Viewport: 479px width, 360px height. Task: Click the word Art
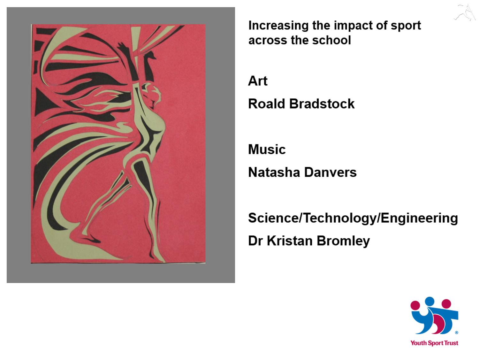pos(257,81)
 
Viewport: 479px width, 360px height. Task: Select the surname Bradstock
pos(322,104)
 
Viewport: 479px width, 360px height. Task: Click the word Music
pos(267,149)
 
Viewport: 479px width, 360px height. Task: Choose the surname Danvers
pos(330,172)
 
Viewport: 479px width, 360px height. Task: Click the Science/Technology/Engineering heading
pos(353,218)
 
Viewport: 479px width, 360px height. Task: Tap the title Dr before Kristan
pos(255,241)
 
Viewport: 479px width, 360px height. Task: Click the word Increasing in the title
pos(278,26)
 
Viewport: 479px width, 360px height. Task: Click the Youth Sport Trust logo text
pos(434,343)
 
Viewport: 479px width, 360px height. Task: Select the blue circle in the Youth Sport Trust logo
pos(430,301)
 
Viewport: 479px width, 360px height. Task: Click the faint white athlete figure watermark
pos(465,13)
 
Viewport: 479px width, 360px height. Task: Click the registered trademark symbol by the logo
pos(457,333)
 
